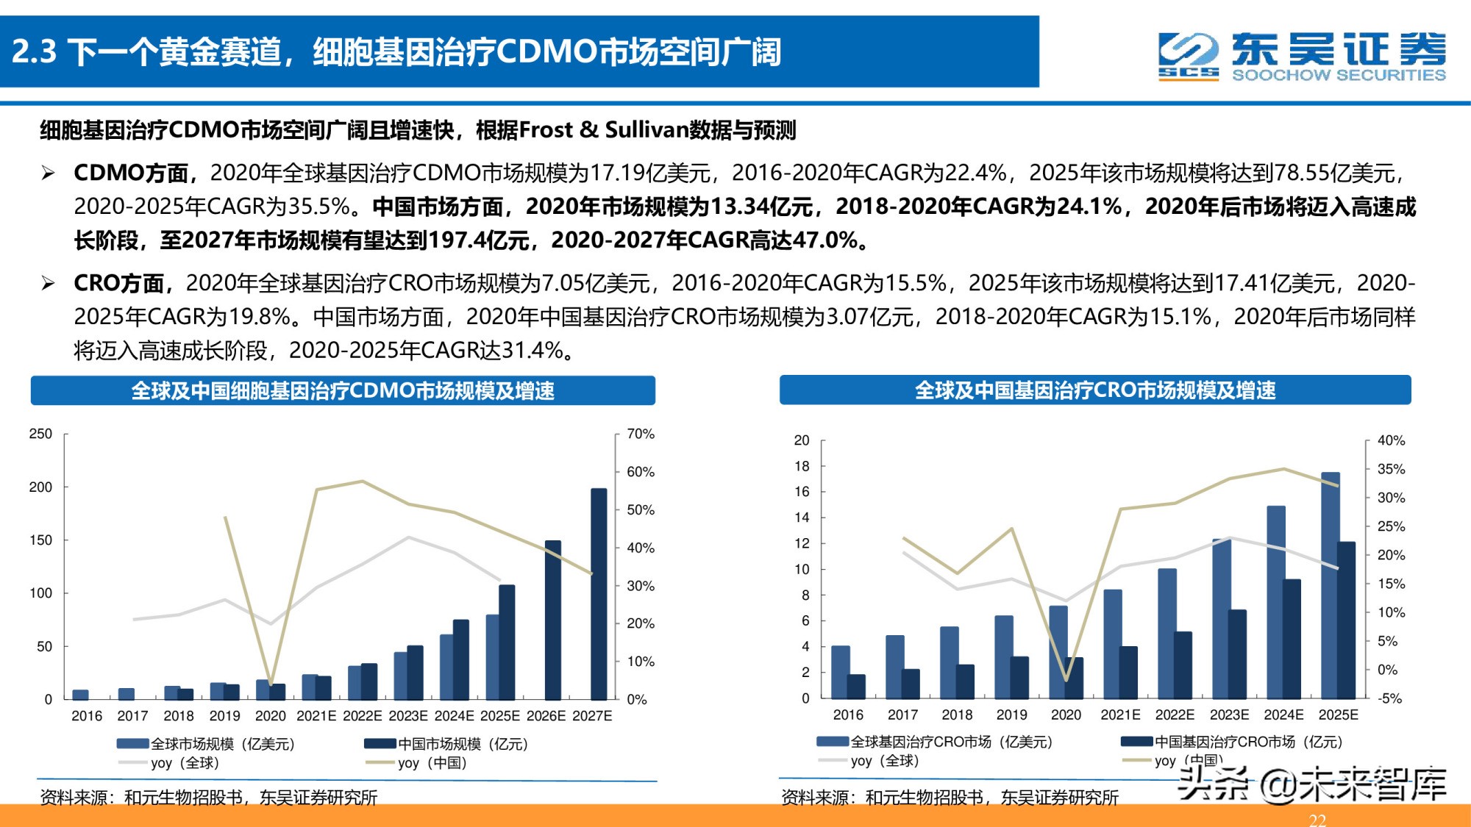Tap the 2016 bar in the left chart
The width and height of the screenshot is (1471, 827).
[81, 694]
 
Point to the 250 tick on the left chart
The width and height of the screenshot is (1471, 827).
[40, 434]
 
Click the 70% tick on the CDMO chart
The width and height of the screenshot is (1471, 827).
[640, 434]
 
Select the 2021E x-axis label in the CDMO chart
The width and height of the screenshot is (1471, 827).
[316, 715]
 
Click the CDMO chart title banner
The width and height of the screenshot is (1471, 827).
[343, 390]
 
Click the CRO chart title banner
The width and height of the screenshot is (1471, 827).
[1094, 390]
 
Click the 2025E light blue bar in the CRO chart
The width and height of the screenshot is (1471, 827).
[1330, 584]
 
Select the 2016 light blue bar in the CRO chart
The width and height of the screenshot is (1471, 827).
[840, 671]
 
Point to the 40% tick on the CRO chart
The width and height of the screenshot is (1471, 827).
[1391, 440]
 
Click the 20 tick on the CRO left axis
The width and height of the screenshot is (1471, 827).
[802, 440]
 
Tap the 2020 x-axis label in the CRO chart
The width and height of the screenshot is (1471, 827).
[1066, 715]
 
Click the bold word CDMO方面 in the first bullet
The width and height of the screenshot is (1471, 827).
[131, 173]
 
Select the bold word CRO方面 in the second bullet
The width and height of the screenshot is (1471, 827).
[119, 283]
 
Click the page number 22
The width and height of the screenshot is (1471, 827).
[1317, 819]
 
